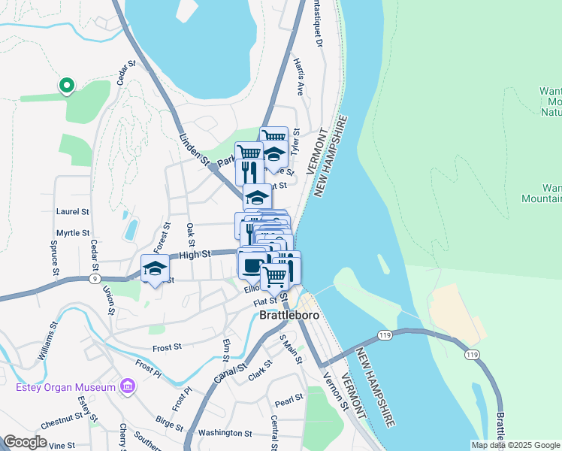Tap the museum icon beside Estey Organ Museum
(x=128, y=387)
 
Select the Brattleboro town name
(x=289, y=316)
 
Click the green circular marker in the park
(x=66, y=86)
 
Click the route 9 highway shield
(x=94, y=278)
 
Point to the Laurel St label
(x=73, y=213)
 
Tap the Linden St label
(x=194, y=147)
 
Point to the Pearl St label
(x=289, y=398)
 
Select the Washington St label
(x=225, y=433)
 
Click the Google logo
(x=26, y=442)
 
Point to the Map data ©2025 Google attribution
(x=515, y=445)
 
